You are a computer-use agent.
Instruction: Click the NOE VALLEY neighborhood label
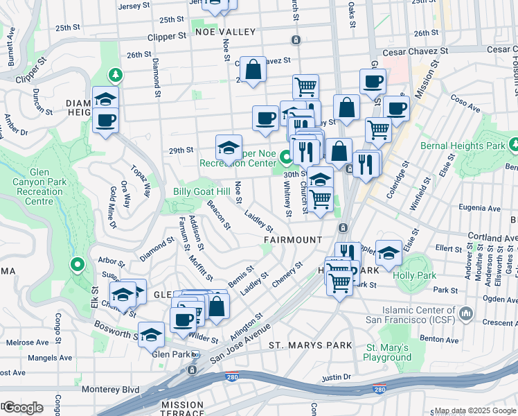pos(216,32)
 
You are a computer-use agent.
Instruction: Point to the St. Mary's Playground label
pos(388,352)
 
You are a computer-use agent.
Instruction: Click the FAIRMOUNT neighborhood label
pos(293,240)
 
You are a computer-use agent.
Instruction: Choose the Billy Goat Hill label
pos(197,191)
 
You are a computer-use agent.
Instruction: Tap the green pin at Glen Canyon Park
pos(78,264)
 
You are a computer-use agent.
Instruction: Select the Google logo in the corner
pos(22,407)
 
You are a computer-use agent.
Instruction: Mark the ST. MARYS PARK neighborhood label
pos(301,345)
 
